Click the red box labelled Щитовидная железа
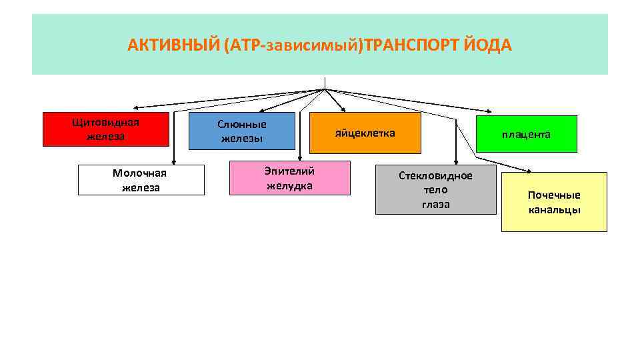coord(105,129)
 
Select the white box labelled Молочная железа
coord(141,180)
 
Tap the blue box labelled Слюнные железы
coord(241,131)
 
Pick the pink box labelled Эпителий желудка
coord(289,178)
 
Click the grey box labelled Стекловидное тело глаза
coord(435,189)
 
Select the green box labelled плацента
coord(526,134)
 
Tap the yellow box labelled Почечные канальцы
coord(554,202)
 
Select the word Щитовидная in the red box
coord(105,123)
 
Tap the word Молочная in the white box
coord(139,173)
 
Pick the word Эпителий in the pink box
coord(289,171)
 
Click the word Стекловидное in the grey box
coord(435,175)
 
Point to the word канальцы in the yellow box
coord(554,210)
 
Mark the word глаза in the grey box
coord(435,204)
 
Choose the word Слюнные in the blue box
coord(241,124)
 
